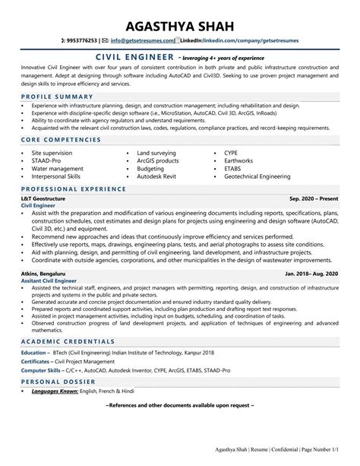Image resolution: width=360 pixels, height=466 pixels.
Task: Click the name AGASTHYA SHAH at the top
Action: click(180, 17)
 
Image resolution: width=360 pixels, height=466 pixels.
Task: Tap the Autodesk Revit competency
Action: click(158, 176)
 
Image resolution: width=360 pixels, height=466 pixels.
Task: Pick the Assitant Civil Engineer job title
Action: click(51, 280)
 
